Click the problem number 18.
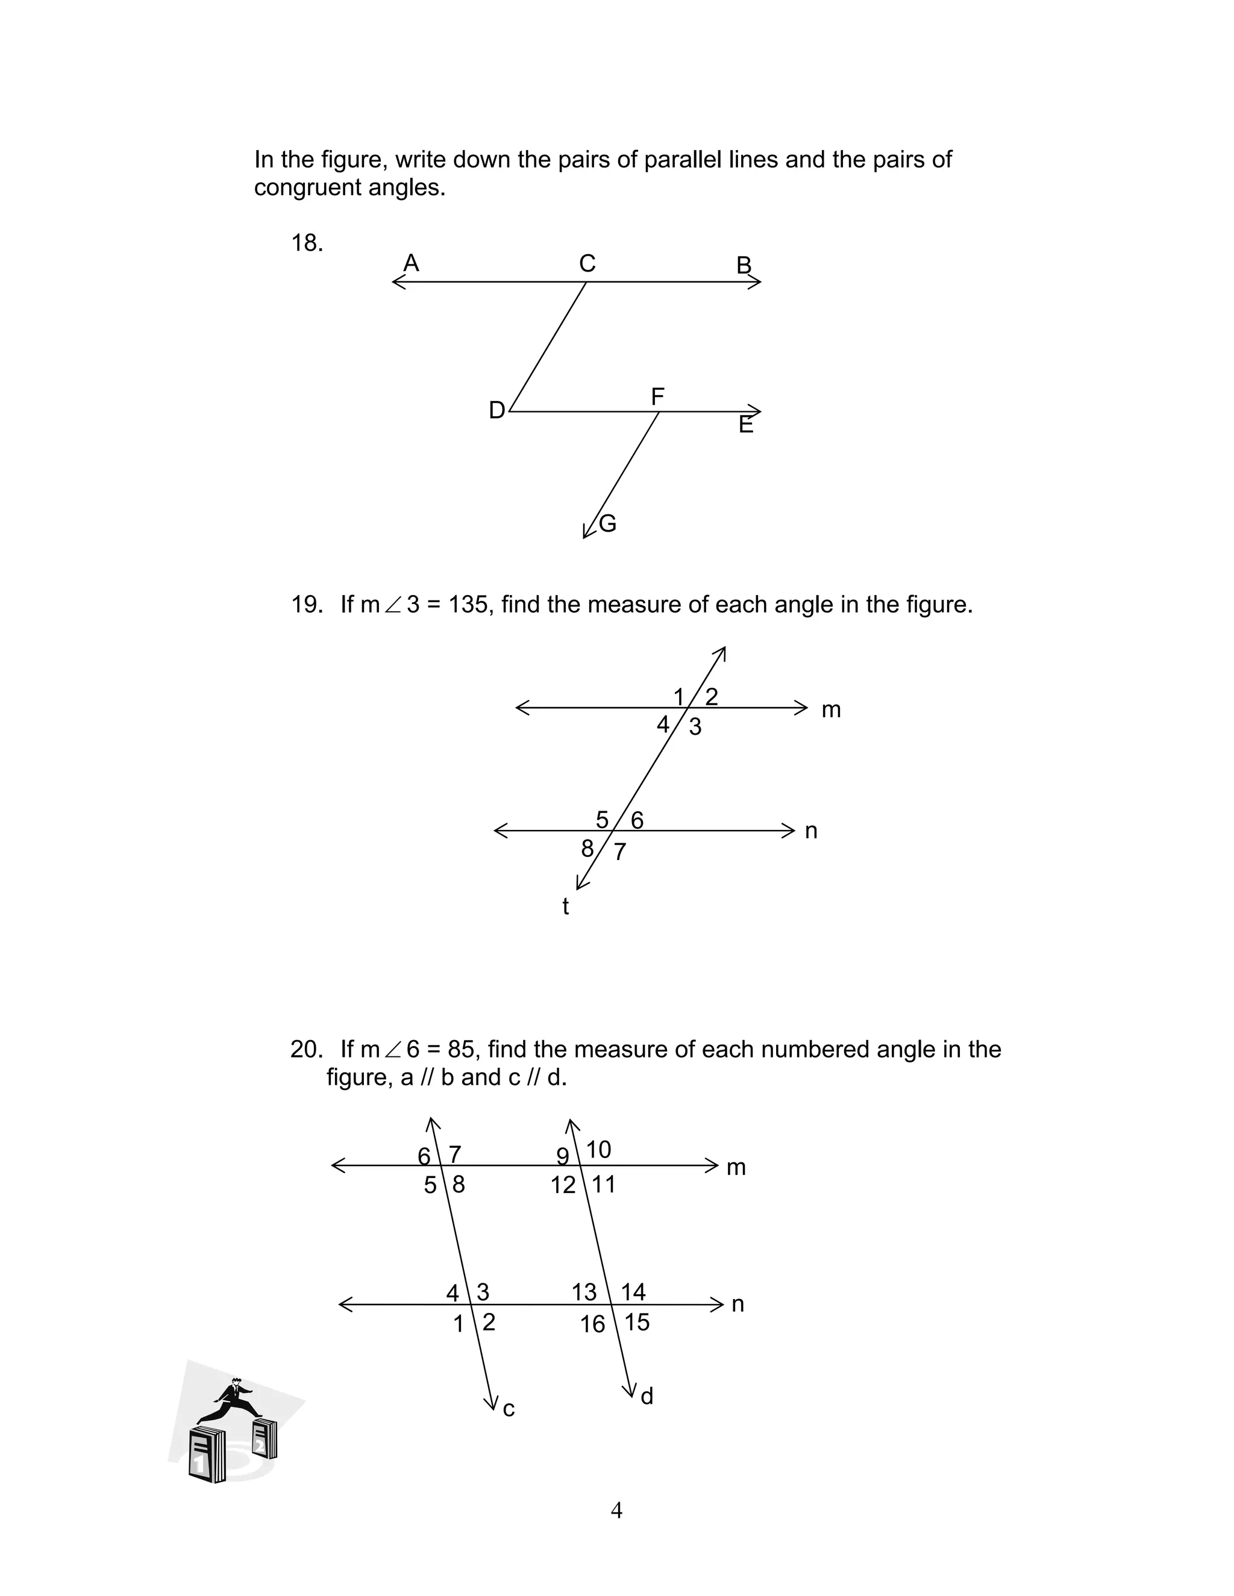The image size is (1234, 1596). click(x=306, y=243)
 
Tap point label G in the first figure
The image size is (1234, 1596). click(x=607, y=523)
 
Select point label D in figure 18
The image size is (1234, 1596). click(x=496, y=411)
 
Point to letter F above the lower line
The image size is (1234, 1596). click(x=657, y=397)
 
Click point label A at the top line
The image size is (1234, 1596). click(x=412, y=263)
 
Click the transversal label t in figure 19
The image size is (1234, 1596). click(x=565, y=906)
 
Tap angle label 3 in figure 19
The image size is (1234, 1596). click(x=695, y=726)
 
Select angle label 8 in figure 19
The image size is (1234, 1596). click(x=587, y=849)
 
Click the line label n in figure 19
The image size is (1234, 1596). click(x=811, y=831)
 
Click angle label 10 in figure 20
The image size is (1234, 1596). click(x=598, y=1150)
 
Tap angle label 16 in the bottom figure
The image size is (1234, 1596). click(x=593, y=1324)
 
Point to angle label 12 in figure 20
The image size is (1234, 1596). click(x=563, y=1185)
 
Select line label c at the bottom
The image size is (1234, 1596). click(x=509, y=1409)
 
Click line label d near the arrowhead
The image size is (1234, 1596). click(x=647, y=1397)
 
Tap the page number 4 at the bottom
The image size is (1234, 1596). click(x=616, y=1510)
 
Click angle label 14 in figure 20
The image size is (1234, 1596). click(x=633, y=1292)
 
